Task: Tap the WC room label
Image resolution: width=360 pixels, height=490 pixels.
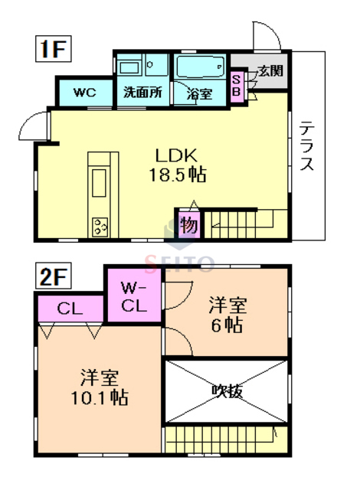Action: click(83, 93)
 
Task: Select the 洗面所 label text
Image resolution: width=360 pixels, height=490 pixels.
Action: click(142, 93)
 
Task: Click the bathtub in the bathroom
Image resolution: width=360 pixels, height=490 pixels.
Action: click(198, 67)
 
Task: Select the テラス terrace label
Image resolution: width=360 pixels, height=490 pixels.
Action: click(306, 145)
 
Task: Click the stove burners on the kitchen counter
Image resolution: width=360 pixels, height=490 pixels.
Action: click(100, 226)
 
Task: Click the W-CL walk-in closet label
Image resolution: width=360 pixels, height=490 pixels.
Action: click(133, 297)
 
